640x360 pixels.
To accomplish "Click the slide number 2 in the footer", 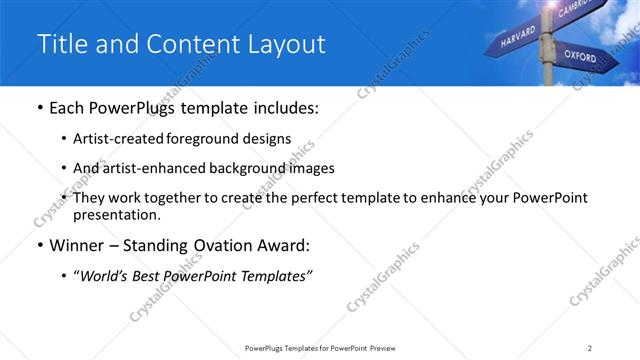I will click(x=590, y=348).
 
